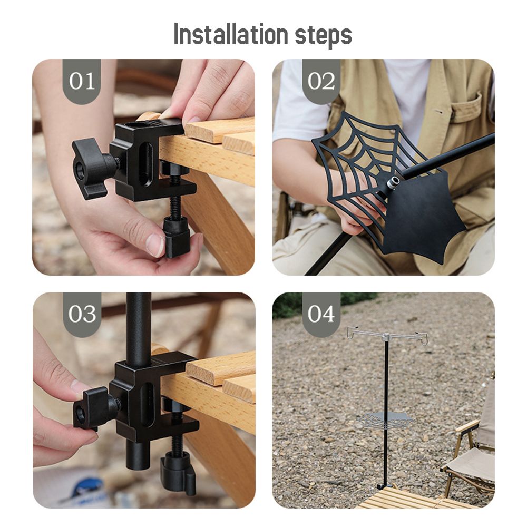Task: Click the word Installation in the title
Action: [231, 34]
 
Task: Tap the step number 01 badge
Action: [82, 81]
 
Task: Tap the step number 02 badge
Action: [321, 81]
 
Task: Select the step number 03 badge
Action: [82, 314]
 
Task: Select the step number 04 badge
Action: [321, 314]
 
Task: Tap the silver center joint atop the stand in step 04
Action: [387, 337]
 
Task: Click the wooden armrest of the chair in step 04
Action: [467, 426]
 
